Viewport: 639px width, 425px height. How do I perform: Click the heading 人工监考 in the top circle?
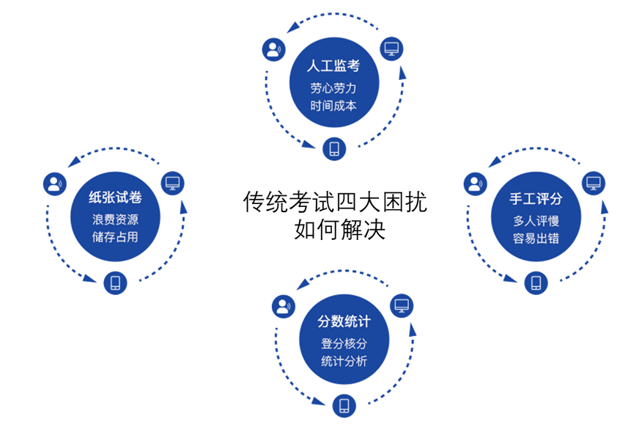tap(333, 67)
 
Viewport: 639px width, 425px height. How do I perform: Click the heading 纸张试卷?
tap(115, 198)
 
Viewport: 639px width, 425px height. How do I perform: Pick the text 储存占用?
tap(115, 237)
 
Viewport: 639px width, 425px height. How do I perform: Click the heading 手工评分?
tap(536, 198)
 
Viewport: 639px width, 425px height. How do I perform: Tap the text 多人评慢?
tap(536, 219)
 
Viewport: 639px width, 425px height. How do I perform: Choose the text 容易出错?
tap(536, 237)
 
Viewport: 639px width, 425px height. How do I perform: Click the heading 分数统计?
tap(344, 322)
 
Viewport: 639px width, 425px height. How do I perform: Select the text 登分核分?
tap(344, 343)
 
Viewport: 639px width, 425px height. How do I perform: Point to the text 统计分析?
tap(344, 361)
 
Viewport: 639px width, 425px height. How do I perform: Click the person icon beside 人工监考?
tap(273, 50)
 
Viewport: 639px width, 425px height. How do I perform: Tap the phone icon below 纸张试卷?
tap(115, 283)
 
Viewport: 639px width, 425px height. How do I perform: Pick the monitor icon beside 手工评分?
tap(594, 182)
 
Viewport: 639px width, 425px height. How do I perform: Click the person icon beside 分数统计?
tap(283, 306)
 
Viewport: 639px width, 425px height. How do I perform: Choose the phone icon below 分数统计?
tap(343, 404)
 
